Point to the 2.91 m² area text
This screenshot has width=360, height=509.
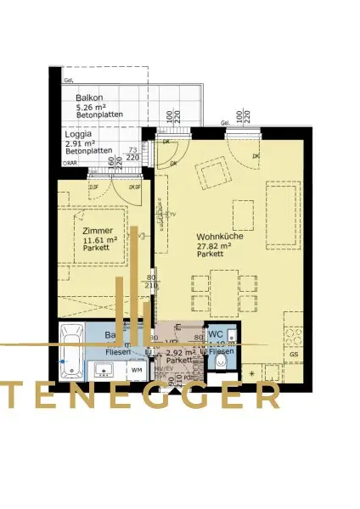pyautogui.click(x=82, y=143)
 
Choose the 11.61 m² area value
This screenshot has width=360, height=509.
pyautogui.click(x=100, y=240)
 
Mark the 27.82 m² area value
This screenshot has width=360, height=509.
pyautogui.click(x=217, y=246)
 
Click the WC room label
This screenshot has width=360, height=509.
pyautogui.click(x=216, y=334)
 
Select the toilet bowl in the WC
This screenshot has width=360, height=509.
pyautogui.click(x=222, y=362)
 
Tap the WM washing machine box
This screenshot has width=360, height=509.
pyautogui.click(x=136, y=370)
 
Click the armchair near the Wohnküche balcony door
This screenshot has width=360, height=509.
pyautogui.click(x=212, y=176)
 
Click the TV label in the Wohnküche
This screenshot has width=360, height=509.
pyautogui.click(x=171, y=215)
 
